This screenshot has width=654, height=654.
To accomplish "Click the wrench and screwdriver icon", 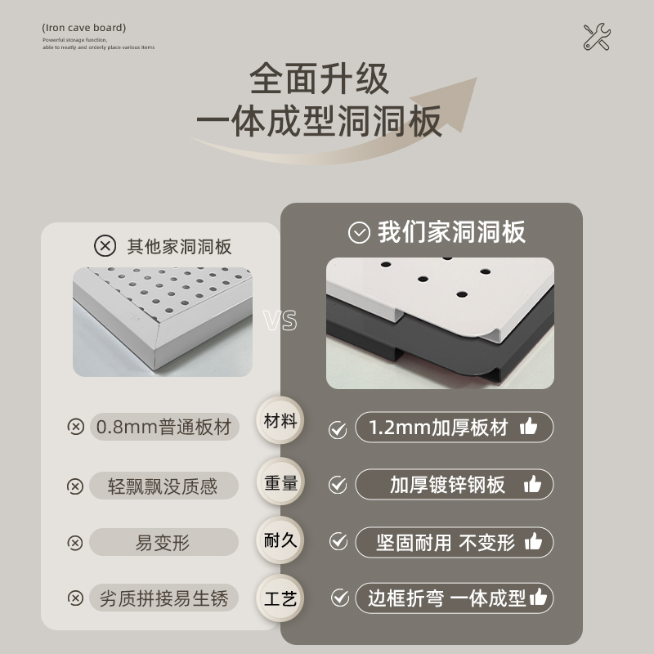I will (597, 38).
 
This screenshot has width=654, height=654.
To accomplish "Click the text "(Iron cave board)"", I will (84, 28).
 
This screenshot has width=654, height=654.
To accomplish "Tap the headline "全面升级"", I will (320, 80).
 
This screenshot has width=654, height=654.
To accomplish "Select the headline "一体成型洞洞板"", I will (319, 121).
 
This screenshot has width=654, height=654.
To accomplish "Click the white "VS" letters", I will (280, 321).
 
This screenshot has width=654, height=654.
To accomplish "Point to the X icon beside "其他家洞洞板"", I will (105, 245).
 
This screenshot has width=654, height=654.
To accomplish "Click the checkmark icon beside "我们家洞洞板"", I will (359, 233).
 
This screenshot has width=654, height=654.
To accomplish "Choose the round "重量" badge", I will (280, 482).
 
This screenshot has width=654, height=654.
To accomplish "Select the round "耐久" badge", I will (280, 540).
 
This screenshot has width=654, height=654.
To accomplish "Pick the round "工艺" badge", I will (280, 598).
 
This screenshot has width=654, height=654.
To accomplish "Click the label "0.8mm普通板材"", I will (163, 427).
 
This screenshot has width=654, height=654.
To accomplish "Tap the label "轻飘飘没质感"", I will (163, 486).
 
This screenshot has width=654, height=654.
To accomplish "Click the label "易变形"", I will (163, 542).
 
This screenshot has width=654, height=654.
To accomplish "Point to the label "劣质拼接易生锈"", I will (163, 598).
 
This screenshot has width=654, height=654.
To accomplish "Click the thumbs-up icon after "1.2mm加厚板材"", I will (529, 427).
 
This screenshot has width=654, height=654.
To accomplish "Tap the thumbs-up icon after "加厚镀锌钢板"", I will (532, 485).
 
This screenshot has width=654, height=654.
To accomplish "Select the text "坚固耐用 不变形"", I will (445, 543).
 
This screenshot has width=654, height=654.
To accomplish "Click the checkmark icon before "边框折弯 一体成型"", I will (339, 598).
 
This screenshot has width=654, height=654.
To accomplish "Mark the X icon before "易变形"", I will (75, 543).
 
